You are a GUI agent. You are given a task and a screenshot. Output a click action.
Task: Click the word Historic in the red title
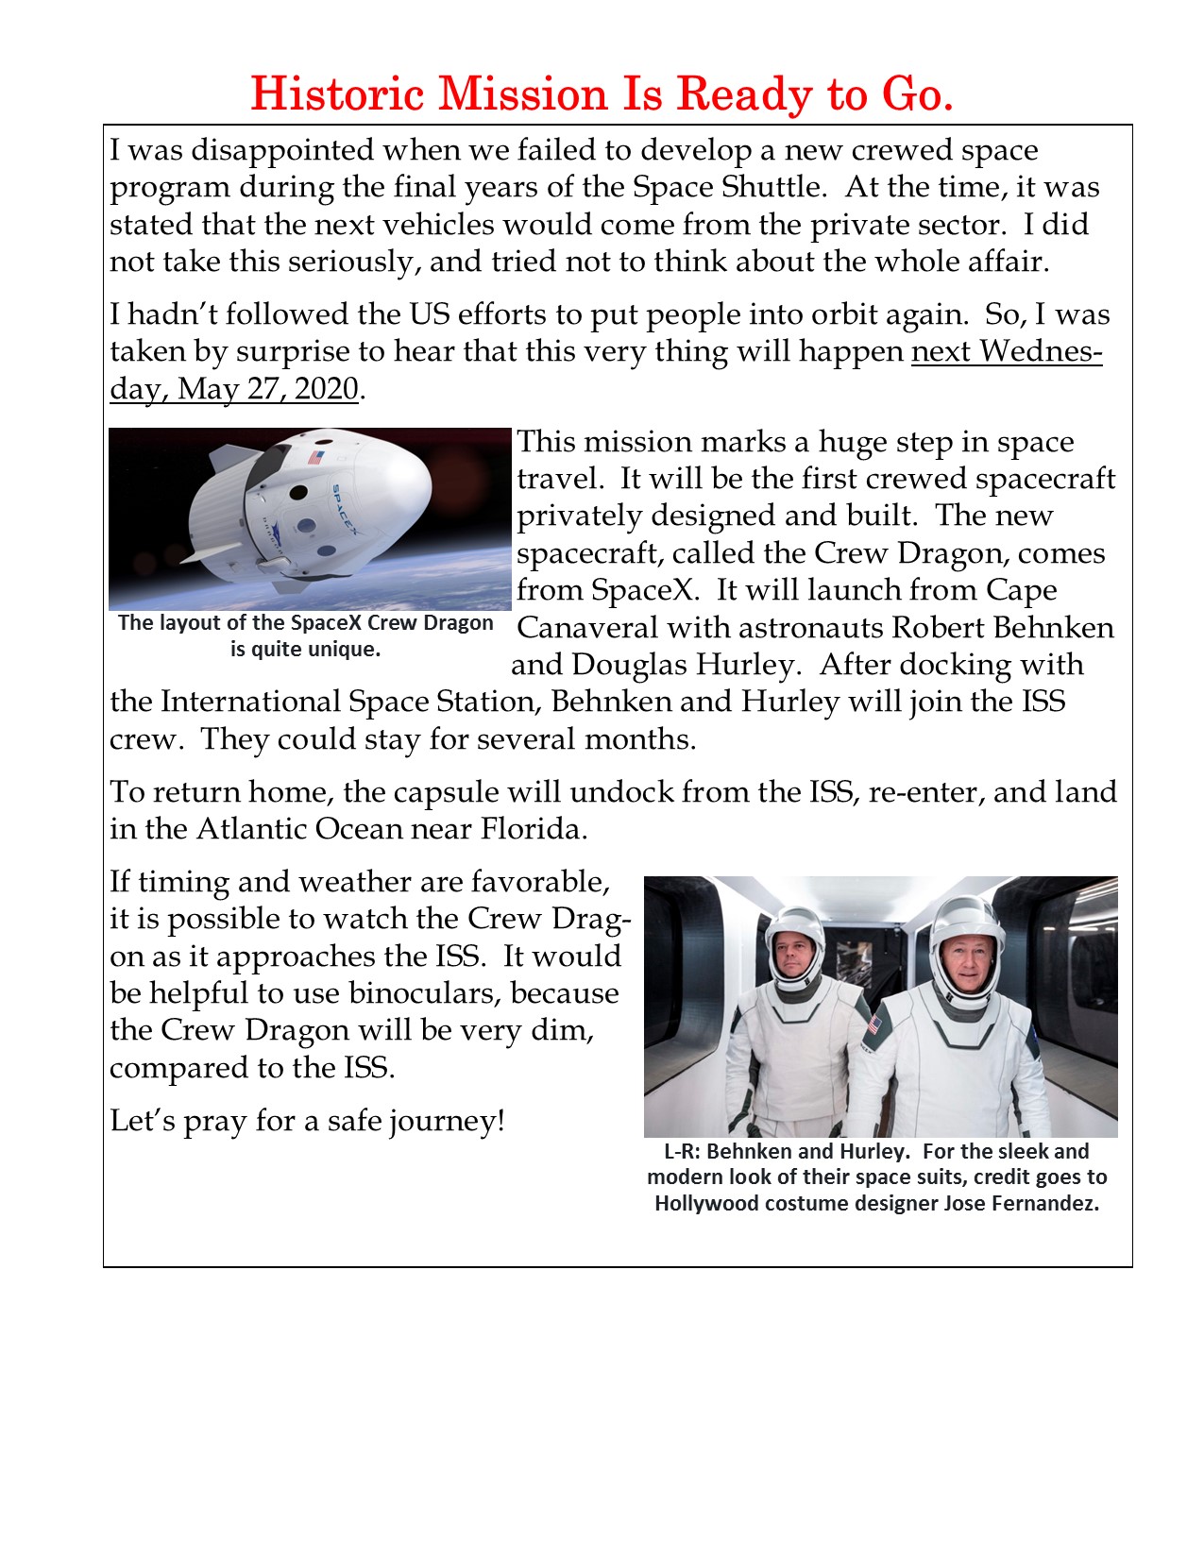tap(335, 93)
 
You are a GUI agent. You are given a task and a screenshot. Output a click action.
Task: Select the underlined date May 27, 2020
tap(268, 388)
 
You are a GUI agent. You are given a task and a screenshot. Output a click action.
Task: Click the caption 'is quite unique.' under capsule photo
tap(305, 650)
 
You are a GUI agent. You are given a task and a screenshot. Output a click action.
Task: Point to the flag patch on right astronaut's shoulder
tap(873, 1025)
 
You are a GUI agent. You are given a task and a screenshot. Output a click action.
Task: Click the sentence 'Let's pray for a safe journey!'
tap(307, 1121)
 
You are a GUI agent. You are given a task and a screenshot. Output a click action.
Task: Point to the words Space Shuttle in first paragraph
tap(727, 187)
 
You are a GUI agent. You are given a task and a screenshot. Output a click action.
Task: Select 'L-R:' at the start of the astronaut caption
tap(683, 1151)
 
